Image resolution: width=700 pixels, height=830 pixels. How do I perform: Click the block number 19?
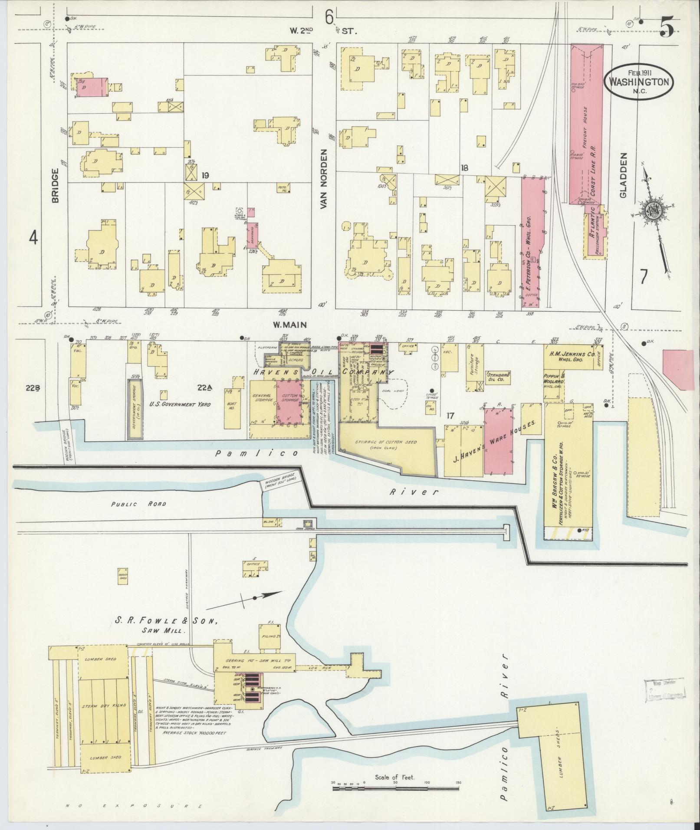coord(206,175)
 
